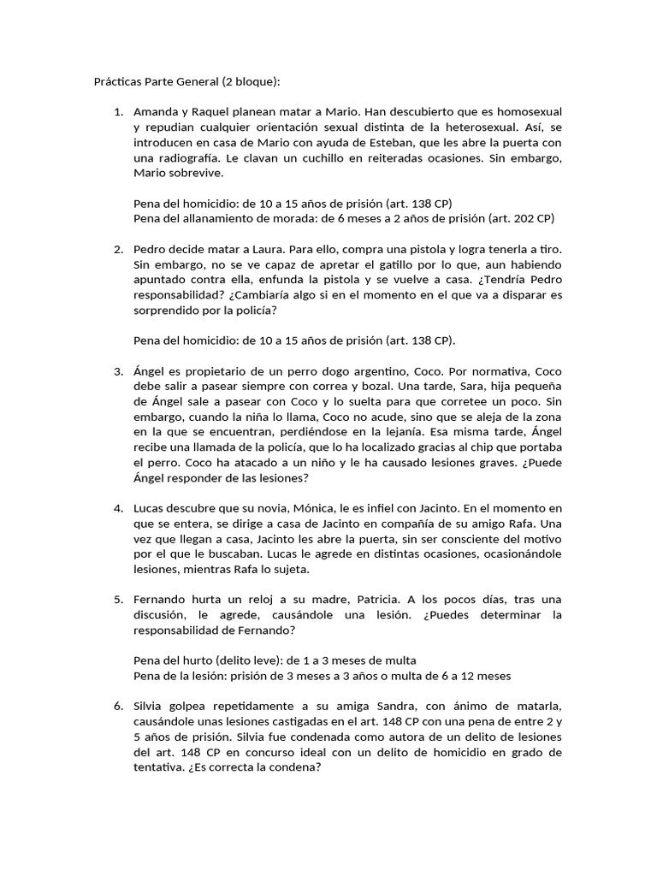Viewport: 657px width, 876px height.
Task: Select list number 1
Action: [x=118, y=112]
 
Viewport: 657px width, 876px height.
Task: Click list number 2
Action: [x=118, y=249]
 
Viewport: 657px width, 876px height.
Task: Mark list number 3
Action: [x=118, y=371]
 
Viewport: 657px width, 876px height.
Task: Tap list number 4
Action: [x=118, y=508]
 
